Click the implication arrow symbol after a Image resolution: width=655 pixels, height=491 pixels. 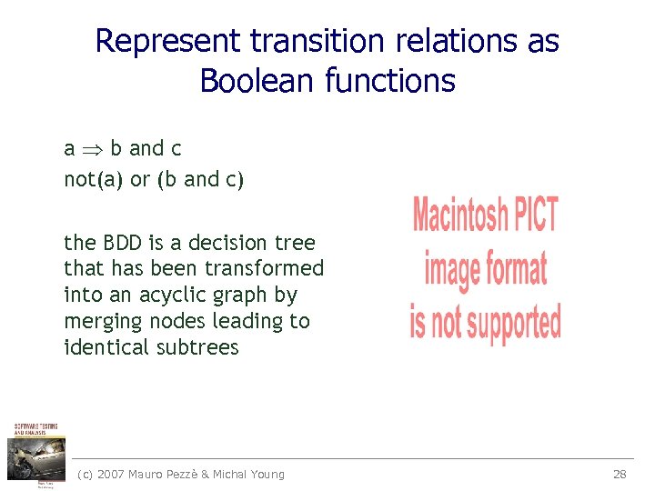92,149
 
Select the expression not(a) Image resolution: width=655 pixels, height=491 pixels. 94,179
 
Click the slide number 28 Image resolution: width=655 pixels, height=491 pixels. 620,474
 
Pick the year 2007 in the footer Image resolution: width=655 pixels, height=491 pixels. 112,474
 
